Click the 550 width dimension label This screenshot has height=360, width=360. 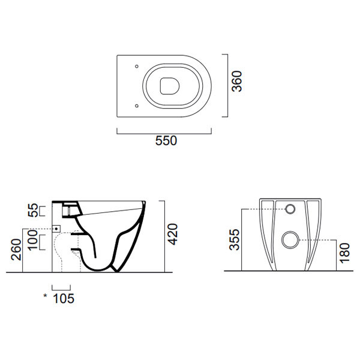pyautogui.click(x=166, y=142)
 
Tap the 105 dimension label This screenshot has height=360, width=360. pyautogui.click(x=64, y=298)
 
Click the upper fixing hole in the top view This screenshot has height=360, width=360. pyautogui.click(x=137, y=65)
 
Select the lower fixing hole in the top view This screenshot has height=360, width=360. pyautogui.click(x=137, y=106)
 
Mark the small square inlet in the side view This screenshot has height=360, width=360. pyautogui.click(x=57, y=229)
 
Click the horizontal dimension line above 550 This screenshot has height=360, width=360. pyautogui.click(x=166, y=131)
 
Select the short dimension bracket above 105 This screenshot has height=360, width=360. pyautogui.click(x=62, y=286)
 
